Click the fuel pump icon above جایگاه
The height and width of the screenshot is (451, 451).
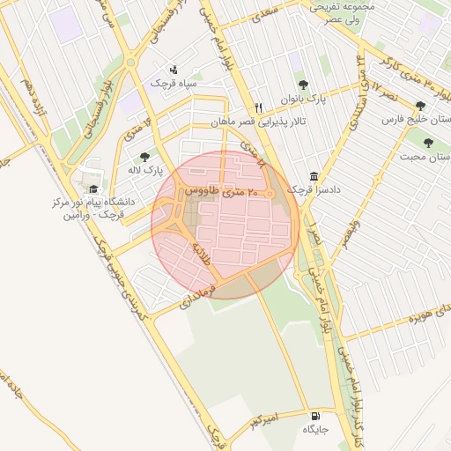(x=315, y=416)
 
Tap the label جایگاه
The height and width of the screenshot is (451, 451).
(x=315, y=430)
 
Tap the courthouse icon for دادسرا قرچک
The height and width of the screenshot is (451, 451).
(x=314, y=176)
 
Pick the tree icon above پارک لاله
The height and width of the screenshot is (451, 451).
(x=144, y=156)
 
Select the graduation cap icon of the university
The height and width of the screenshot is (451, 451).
(x=92, y=189)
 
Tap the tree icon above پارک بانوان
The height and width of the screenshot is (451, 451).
(x=303, y=85)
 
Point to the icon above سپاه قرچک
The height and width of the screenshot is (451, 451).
(x=173, y=69)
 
